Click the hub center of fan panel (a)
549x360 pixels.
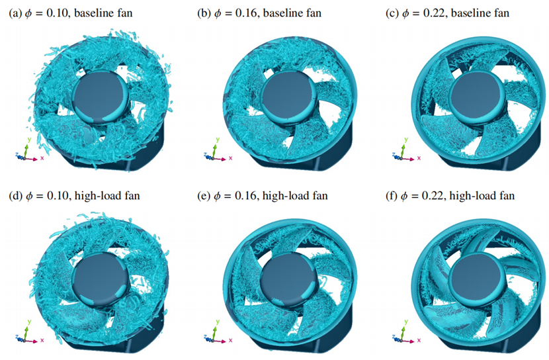(101, 96)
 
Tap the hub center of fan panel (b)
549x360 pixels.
(289, 97)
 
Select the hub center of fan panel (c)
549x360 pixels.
(477, 97)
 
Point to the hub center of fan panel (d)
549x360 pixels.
(101, 279)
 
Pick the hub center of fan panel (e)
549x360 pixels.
(289, 279)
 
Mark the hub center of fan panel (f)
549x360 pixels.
(477, 279)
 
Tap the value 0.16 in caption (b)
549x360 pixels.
(247, 13)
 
